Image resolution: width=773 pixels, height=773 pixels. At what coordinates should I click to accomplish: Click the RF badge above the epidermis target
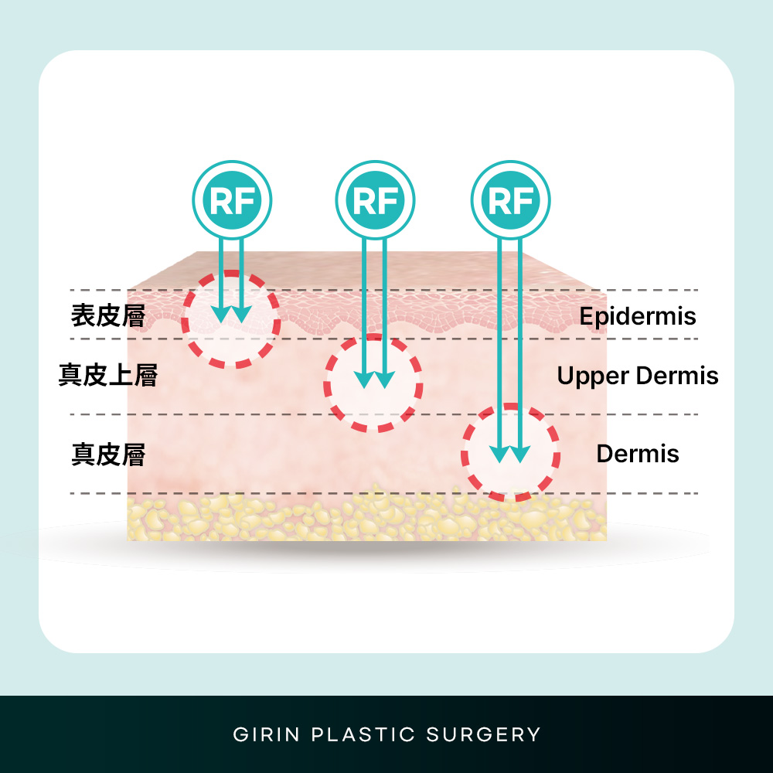click(x=232, y=200)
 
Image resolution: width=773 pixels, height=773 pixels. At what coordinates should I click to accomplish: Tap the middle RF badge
click(x=375, y=200)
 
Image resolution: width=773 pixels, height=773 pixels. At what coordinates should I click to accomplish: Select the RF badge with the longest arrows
click(x=511, y=200)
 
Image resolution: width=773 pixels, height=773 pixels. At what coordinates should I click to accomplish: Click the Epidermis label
click(x=638, y=316)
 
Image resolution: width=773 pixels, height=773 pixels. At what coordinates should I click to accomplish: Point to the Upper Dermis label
click(x=638, y=376)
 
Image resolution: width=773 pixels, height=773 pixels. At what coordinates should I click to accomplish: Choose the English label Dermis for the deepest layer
click(x=638, y=454)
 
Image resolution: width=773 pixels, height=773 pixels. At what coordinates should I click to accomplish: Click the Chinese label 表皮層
click(x=108, y=315)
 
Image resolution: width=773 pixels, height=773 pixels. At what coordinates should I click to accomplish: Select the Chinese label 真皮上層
click(x=108, y=375)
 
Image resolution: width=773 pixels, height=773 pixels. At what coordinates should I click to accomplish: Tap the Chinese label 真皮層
click(x=108, y=454)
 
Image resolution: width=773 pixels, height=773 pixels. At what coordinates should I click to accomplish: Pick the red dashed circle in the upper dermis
click(x=326, y=383)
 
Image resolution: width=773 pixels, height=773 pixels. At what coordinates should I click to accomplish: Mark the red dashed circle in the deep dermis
click(x=464, y=452)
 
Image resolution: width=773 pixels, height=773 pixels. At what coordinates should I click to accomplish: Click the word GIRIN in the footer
click(x=266, y=734)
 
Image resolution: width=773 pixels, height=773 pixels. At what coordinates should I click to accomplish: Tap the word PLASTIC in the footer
click(x=363, y=734)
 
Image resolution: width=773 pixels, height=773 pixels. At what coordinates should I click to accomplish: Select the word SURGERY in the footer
click(x=483, y=734)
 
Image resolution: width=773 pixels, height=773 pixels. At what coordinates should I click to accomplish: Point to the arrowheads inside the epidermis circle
click(x=231, y=315)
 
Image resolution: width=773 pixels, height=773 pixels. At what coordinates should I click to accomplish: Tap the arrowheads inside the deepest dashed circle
click(x=509, y=454)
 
